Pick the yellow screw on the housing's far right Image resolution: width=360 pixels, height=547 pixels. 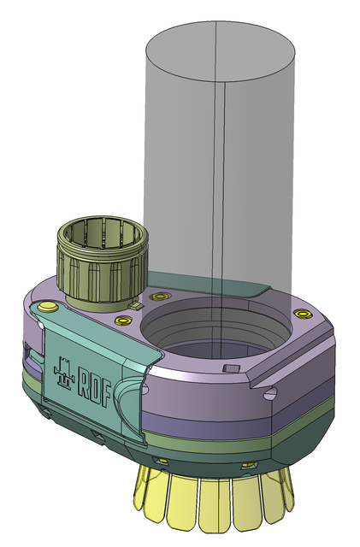tap(301, 314)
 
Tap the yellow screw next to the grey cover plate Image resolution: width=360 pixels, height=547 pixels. tap(157, 297)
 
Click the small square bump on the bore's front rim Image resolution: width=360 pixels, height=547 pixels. tap(229, 368)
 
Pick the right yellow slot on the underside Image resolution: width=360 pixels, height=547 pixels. tap(248, 464)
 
